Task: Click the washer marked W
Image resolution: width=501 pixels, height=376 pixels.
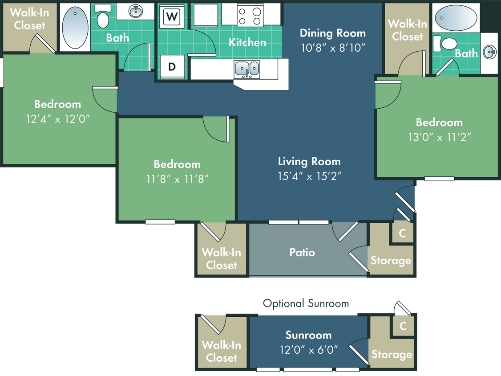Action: [x=171, y=17]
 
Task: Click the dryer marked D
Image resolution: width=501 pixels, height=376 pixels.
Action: [x=171, y=67]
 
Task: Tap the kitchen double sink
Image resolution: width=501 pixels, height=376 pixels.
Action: [x=246, y=69]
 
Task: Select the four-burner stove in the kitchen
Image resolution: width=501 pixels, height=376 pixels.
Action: [x=250, y=15]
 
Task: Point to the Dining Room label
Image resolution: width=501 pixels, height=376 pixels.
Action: [x=332, y=33]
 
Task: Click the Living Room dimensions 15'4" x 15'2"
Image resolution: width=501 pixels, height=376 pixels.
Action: [x=309, y=176]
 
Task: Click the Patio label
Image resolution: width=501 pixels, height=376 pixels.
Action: [x=302, y=253]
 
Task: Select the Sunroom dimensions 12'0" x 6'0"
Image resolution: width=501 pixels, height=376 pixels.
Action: [x=308, y=350]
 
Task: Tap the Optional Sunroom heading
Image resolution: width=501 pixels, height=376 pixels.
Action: [x=306, y=304]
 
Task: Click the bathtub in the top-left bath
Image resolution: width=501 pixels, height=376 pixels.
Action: [x=74, y=27]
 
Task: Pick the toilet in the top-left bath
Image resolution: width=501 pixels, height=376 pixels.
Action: [x=103, y=20]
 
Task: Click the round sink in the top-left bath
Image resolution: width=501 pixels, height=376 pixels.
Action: [x=135, y=11]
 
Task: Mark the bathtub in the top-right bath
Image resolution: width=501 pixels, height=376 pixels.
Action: [x=454, y=18]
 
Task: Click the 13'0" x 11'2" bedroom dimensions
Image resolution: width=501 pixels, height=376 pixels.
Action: [x=439, y=137]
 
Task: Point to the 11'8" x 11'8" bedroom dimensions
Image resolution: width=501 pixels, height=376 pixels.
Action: [x=177, y=179]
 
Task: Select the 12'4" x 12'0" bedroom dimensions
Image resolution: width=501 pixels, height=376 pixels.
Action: [x=58, y=119]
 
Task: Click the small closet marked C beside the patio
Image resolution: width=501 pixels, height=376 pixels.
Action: [x=402, y=233]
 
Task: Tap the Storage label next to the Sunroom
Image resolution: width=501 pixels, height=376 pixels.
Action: [x=392, y=354]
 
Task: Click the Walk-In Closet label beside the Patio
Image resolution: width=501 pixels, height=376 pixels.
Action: [x=222, y=259]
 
